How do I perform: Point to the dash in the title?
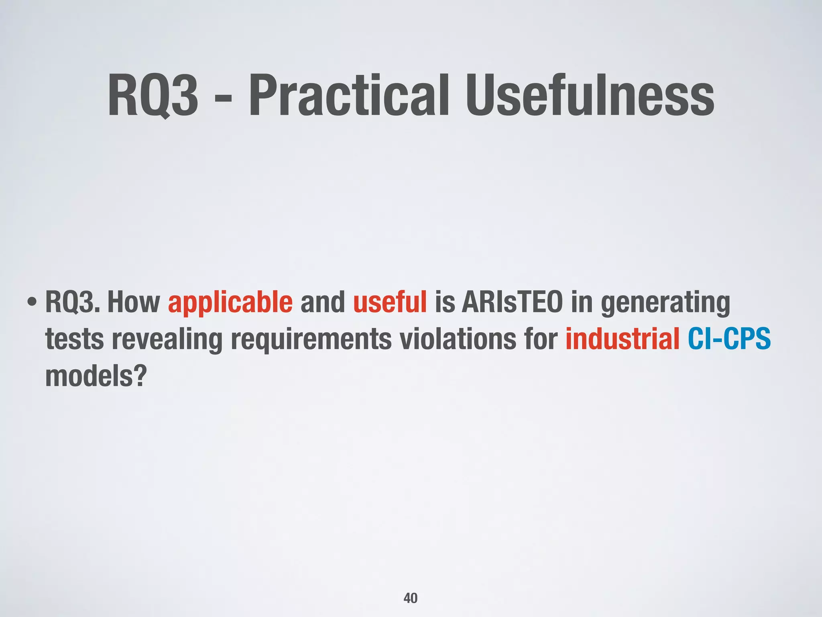coord(223,98)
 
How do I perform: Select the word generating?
coord(665,303)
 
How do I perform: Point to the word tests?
coord(74,339)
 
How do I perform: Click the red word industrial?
coord(622,339)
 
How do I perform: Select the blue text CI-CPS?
coord(729,339)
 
